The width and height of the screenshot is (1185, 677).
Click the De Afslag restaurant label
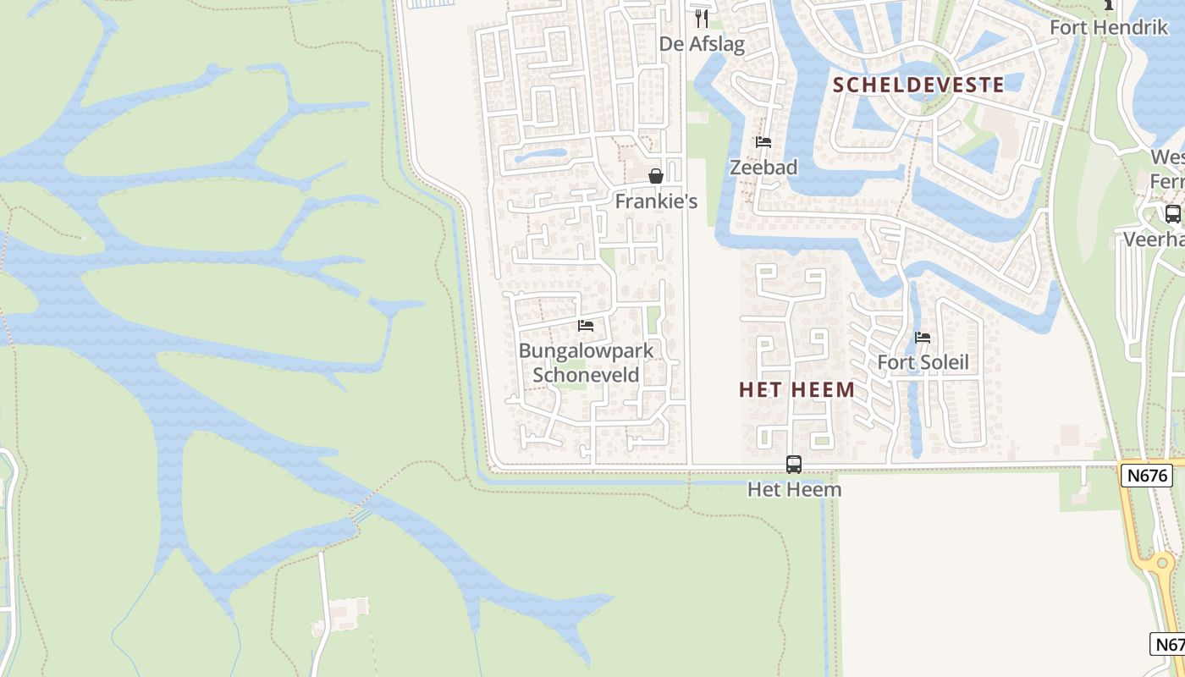[x=702, y=43]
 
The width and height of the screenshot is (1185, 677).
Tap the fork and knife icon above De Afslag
[x=701, y=18]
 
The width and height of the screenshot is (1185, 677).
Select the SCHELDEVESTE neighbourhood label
[x=918, y=85]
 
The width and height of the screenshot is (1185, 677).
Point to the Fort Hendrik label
[x=1108, y=27]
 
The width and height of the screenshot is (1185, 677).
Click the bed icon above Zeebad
[x=763, y=142]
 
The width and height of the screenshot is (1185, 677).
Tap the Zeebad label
[x=763, y=167]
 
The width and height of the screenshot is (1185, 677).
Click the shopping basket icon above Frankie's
[x=655, y=176]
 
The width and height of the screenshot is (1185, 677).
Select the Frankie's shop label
[x=656, y=201]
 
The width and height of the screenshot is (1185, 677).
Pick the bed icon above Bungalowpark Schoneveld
[x=585, y=326]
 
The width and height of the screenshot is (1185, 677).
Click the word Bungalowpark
[x=586, y=350]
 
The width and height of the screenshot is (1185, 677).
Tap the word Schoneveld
[x=586, y=374]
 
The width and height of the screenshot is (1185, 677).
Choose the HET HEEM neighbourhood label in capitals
[x=796, y=389]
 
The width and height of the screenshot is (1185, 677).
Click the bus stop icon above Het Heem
[x=794, y=464]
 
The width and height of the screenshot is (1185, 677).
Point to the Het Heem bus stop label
[x=794, y=489]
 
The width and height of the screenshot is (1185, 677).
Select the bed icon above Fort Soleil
[x=923, y=338]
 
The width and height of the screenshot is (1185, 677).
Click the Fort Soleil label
[x=923, y=362]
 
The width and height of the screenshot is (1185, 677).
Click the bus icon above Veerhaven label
[x=1172, y=214]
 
